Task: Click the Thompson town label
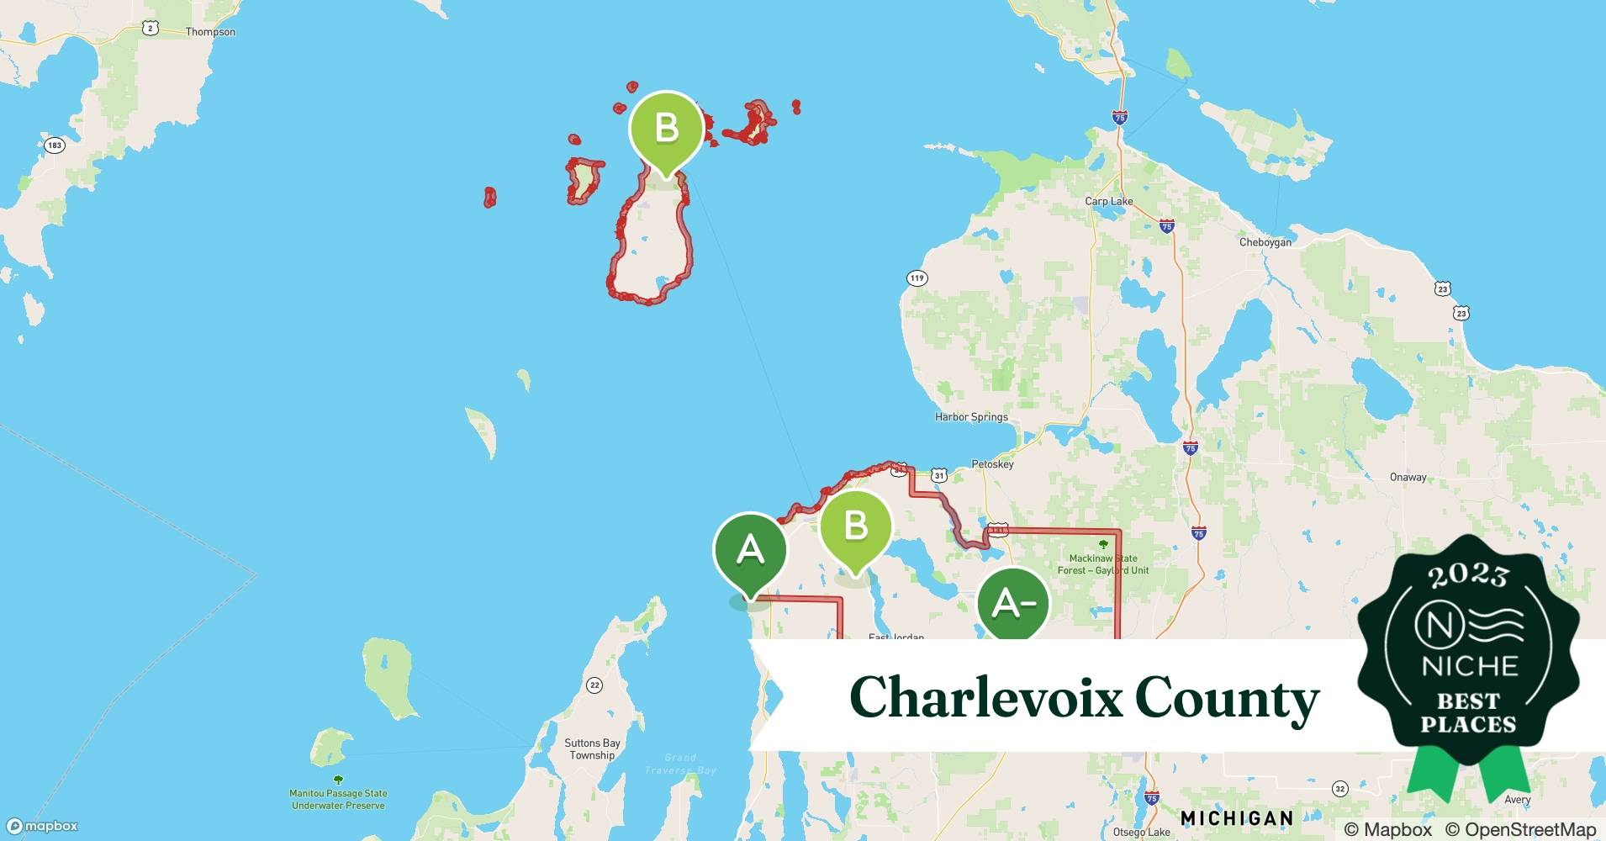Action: (x=210, y=32)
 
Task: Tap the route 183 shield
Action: (x=55, y=145)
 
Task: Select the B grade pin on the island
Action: (x=666, y=130)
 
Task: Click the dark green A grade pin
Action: (x=750, y=551)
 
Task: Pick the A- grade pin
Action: (x=1013, y=604)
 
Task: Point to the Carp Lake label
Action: (x=1108, y=201)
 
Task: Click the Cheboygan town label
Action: (x=1265, y=242)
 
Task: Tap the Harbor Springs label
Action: (x=971, y=417)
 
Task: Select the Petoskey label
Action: (x=992, y=464)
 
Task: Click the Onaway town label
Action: (x=1408, y=478)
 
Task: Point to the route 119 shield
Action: (x=917, y=278)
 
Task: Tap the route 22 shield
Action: (x=594, y=685)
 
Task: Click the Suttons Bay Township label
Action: (x=592, y=749)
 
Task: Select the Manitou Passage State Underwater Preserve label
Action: (x=338, y=799)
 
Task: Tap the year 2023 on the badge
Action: (x=1468, y=575)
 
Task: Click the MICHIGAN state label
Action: (x=1236, y=818)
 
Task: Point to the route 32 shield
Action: (x=1339, y=789)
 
